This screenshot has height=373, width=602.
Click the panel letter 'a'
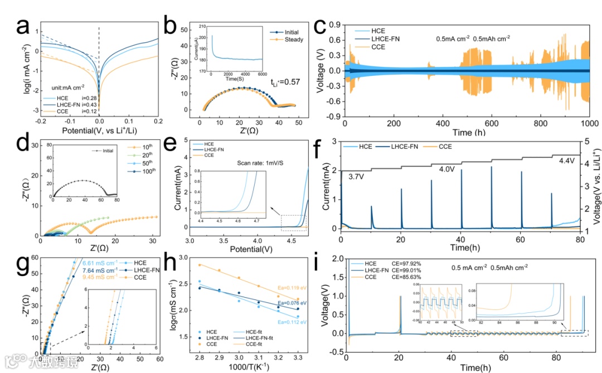pyautogui.click(x=22, y=26)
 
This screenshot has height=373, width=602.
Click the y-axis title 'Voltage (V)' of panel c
pyautogui.click(x=322, y=71)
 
